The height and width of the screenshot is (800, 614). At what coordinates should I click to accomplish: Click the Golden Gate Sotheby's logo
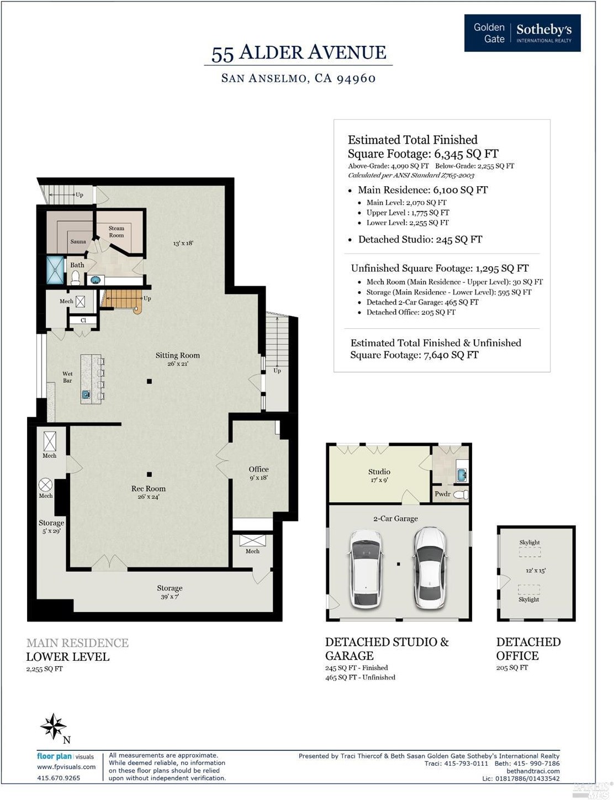point(522,33)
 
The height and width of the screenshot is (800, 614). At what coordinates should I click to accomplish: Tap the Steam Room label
point(117,231)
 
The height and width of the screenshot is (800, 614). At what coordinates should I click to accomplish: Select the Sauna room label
point(78,241)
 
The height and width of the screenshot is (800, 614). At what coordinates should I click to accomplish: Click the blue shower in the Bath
point(55,270)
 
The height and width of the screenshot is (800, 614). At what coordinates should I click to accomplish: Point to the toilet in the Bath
point(76,278)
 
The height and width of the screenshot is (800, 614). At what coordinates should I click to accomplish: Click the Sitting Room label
point(177,359)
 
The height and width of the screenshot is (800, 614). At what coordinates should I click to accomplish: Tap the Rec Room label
point(148,492)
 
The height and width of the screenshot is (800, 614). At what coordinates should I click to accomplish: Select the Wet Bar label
point(67,377)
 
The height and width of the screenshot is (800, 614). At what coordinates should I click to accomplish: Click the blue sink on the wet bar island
point(86,394)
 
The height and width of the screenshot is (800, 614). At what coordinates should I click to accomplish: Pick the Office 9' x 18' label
point(258,473)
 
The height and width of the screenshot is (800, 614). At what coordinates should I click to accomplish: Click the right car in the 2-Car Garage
point(430,567)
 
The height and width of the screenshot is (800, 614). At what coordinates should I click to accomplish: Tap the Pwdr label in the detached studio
point(442,494)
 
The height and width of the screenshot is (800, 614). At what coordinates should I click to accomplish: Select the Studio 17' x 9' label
point(379,476)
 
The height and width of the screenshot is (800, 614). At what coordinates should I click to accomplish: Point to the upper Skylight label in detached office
point(530,543)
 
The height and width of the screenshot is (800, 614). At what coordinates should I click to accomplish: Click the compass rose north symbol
point(54,727)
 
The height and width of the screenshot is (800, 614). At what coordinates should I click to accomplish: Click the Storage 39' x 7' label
point(170,592)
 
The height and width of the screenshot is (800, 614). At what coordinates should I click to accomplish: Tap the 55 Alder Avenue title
point(299,53)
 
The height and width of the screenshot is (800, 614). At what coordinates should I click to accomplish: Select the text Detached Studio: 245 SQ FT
point(420,240)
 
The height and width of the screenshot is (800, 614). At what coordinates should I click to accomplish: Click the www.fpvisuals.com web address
point(66,767)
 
